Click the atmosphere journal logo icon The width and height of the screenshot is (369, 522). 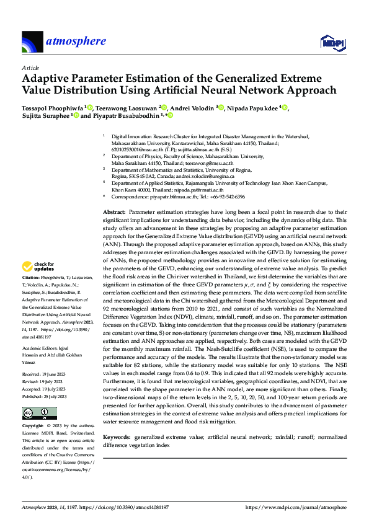(x=32, y=42)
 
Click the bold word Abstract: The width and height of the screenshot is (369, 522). (x=115, y=213)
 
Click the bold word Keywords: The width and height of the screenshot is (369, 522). (x=117, y=438)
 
